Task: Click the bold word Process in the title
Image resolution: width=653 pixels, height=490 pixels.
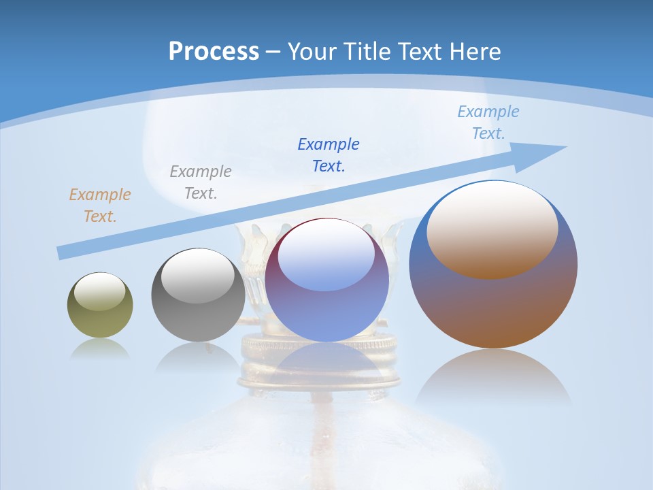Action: tap(214, 52)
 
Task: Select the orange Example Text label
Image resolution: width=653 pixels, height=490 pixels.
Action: tap(100, 206)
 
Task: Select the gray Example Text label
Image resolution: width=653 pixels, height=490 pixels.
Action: tap(201, 182)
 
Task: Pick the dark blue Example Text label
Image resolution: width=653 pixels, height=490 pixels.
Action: tap(329, 154)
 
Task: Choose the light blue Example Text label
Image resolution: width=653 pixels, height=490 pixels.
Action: tap(488, 122)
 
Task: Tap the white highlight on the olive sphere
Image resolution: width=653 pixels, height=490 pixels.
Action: tap(100, 292)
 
